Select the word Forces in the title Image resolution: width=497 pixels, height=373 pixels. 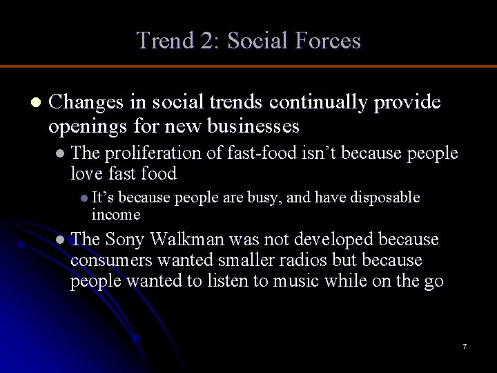(327, 41)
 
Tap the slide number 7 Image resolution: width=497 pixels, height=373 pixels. (465, 345)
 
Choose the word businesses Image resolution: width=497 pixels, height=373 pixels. (253, 127)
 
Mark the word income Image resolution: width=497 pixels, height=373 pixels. (117, 214)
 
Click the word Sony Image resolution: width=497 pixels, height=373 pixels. (126, 240)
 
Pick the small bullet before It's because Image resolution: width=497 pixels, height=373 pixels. (84, 198)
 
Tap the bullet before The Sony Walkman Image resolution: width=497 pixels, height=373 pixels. (61, 240)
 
